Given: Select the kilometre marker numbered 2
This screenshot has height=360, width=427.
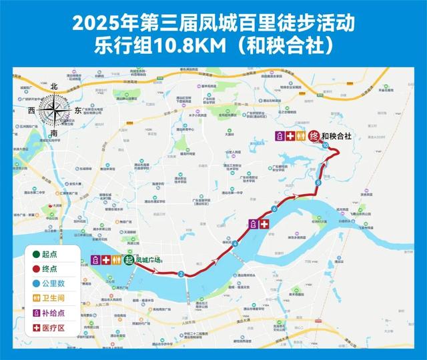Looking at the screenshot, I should tap(181, 274).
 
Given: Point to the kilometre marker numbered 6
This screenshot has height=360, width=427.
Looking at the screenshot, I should tap(274, 210).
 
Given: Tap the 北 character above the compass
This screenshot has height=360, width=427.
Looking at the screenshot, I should tap(53, 87).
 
